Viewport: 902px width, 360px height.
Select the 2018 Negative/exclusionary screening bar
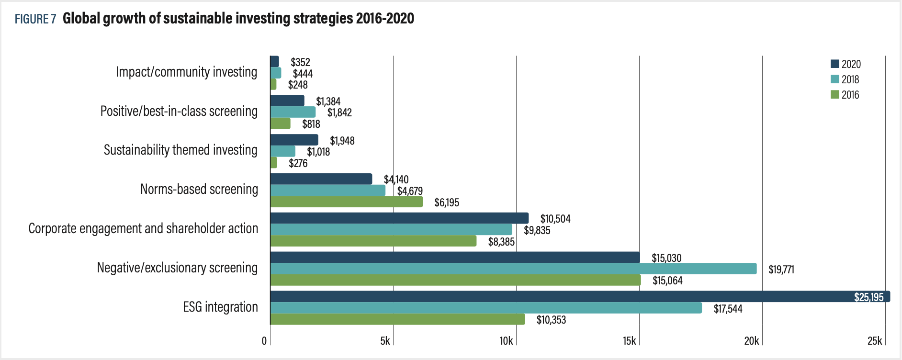click(513, 269)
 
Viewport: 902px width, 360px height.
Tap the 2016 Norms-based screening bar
click(346, 202)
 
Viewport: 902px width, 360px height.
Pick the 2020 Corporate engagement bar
click(399, 218)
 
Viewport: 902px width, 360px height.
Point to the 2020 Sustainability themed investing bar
click(294, 140)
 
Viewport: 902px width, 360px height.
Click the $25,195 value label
click(868, 297)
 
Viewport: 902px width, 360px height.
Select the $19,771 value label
click(781, 270)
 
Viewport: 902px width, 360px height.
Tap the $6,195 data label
click(446, 202)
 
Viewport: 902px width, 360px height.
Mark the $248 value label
click(298, 85)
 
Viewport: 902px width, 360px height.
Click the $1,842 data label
click(339, 112)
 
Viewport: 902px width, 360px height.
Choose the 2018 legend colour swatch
click(834, 79)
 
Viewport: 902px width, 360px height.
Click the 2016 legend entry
click(845, 95)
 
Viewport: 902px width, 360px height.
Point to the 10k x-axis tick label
click(506, 341)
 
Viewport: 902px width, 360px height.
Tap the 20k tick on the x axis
click(751, 341)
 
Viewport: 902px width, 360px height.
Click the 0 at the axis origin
click(264, 341)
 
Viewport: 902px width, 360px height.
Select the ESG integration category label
click(220, 307)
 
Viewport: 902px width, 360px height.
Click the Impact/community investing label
click(186, 72)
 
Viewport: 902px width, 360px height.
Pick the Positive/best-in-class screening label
click(179, 111)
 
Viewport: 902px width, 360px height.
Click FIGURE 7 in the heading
click(35, 19)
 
